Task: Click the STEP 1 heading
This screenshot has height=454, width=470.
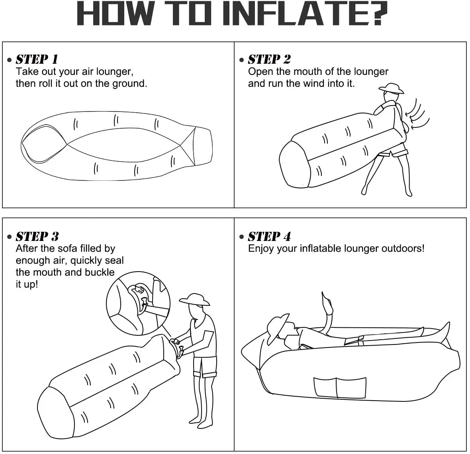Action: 37,60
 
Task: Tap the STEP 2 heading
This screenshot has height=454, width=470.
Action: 269,60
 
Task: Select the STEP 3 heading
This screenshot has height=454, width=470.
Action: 37,237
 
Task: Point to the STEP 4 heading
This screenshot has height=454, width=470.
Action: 269,237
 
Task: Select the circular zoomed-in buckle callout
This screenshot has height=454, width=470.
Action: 138,304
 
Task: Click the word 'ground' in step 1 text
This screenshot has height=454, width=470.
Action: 129,84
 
